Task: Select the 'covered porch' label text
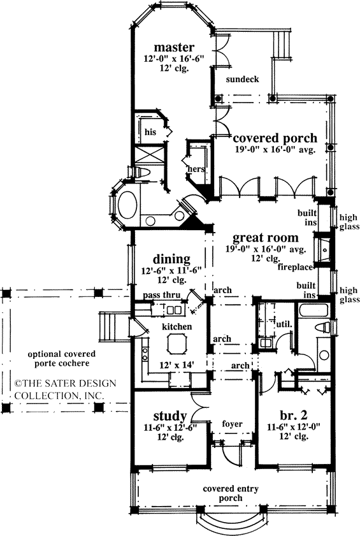(x=275, y=139)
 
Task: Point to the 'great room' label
(x=257, y=237)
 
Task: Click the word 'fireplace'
(x=295, y=266)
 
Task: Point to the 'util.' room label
(x=284, y=324)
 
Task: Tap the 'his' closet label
(x=150, y=132)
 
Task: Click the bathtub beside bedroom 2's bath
(x=313, y=312)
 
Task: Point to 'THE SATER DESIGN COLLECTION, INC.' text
(x=61, y=389)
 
